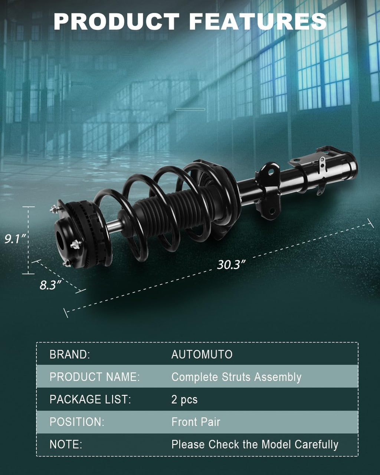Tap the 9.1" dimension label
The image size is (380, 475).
click(x=15, y=239)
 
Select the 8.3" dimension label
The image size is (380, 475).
click(x=50, y=285)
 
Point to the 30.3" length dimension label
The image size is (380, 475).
click(x=232, y=265)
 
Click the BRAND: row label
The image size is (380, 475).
click(x=70, y=354)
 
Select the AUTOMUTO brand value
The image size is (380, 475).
click(x=202, y=354)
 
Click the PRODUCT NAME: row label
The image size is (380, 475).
click(x=95, y=377)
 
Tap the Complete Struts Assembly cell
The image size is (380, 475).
click(x=236, y=377)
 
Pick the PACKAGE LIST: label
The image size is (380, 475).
click(x=90, y=400)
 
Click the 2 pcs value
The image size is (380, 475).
click(x=184, y=400)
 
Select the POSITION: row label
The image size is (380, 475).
click(x=77, y=422)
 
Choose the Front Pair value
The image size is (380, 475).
click(x=196, y=422)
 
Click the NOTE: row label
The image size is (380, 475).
click(x=66, y=445)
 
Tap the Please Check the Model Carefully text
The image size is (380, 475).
click(x=255, y=445)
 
